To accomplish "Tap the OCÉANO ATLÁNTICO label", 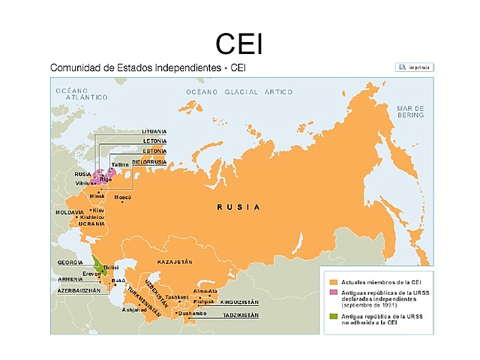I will [x=73, y=94].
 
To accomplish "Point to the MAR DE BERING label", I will [x=410, y=112].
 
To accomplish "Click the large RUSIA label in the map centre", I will [x=238, y=206].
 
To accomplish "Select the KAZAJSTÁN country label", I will [x=175, y=261].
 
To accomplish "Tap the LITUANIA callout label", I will [x=154, y=131].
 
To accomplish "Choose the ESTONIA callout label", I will [x=154, y=151].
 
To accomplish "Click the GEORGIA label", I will [x=70, y=262].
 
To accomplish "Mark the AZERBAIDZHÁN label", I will [x=79, y=289].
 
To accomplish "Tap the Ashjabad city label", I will [x=136, y=310].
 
